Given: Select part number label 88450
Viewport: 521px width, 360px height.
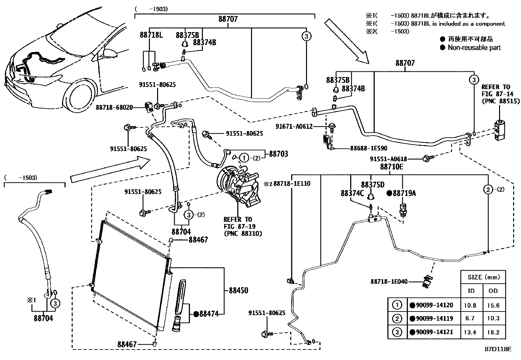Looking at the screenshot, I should (x=238, y=291).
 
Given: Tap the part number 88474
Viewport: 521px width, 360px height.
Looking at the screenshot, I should (x=209, y=314).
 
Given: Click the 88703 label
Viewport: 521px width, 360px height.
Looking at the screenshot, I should (x=278, y=154).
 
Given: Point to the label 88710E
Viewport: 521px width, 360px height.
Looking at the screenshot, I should (x=391, y=167).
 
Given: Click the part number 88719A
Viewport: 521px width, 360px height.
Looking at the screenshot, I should (x=404, y=193).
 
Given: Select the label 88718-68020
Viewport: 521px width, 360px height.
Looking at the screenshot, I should (x=115, y=107).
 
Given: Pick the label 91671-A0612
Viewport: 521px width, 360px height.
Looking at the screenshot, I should (x=294, y=126).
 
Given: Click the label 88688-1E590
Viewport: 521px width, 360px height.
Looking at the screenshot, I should (x=368, y=148).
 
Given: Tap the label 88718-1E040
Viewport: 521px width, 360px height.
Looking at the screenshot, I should (x=389, y=281).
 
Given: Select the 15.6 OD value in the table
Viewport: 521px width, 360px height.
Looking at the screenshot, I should (x=493, y=305).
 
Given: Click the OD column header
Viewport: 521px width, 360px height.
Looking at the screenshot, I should (x=493, y=291).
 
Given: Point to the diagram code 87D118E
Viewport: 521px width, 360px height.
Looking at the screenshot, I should (x=498, y=349).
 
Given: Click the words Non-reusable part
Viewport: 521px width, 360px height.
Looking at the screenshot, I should (x=474, y=47).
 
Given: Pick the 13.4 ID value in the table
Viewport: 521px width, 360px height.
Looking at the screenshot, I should (x=470, y=332).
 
